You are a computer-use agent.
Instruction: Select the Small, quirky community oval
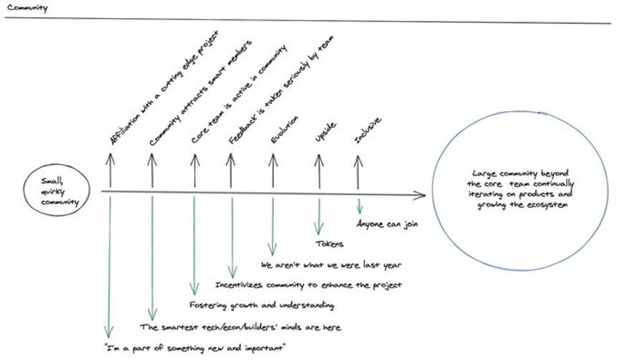pyautogui.click(x=56, y=191)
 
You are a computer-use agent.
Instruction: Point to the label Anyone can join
pyautogui.click(x=388, y=223)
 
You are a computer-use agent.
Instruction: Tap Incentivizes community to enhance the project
pyautogui.click(x=309, y=285)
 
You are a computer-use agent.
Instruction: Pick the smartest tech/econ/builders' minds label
pyautogui.click(x=241, y=327)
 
